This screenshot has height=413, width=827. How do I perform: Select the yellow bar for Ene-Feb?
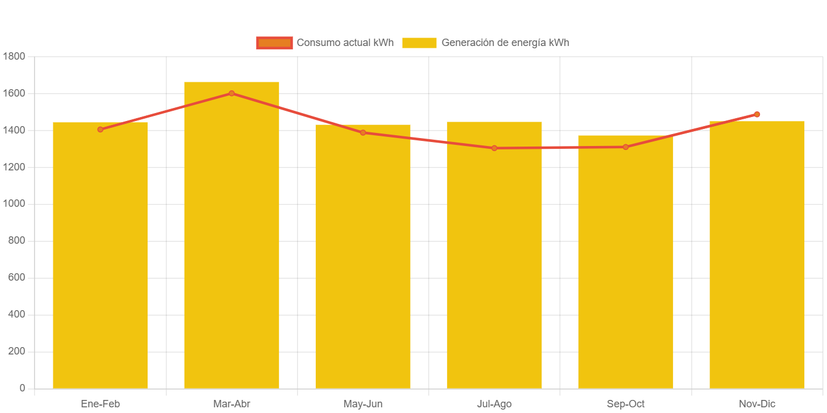click(100, 256)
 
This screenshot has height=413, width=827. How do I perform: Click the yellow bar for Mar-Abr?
click(231, 239)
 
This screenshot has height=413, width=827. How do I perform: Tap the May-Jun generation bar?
click(363, 256)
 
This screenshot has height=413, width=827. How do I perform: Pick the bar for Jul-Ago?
click(494, 256)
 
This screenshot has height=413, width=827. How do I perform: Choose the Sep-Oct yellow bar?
click(625, 261)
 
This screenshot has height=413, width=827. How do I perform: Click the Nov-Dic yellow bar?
click(757, 256)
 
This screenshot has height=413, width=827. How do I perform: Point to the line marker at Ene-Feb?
click(101, 130)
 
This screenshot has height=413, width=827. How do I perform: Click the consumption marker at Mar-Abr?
click(232, 93)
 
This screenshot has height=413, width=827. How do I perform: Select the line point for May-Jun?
click(363, 133)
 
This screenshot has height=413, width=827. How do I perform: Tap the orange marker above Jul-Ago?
click(494, 148)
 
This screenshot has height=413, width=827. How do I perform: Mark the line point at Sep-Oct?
click(625, 147)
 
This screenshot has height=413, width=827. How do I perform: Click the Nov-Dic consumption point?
click(757, 115)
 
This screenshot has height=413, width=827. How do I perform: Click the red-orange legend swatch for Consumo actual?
click(274, 43)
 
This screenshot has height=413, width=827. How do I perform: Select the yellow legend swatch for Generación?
click(419, 43)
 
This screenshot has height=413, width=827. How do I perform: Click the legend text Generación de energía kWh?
click(505, 43)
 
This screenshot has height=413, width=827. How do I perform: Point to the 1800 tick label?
click(14, 56)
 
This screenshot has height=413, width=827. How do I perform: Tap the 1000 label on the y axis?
click(14, 203)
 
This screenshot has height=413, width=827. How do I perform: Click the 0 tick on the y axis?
click(22, 388)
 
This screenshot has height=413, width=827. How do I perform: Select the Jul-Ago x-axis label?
click(494, 404)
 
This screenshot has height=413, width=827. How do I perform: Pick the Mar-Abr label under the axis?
click(231, 404)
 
